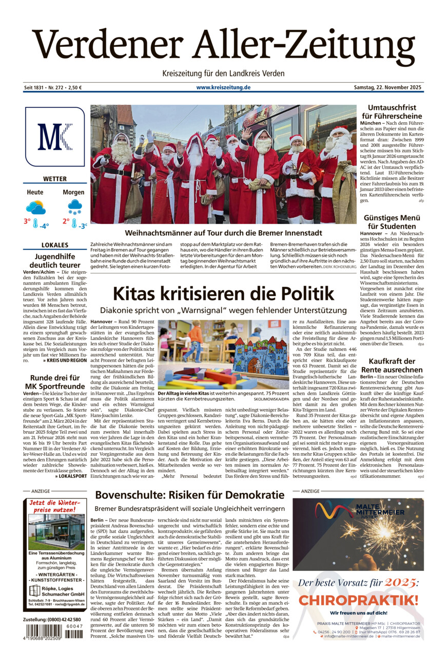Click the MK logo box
[x=54, y=136]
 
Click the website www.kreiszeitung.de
[x=223, y=88]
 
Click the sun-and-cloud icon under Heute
[x=35, y=208]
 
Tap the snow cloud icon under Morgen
[x=75, y=207]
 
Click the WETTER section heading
[x=54, y=179]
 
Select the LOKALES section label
[x=54, y=245]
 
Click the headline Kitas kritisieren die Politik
[x=223, y=294]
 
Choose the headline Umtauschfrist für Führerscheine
[x=392, y=112]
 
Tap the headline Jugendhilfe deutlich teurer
[x=54, y=261]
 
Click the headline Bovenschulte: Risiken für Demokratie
[x=189, y=495]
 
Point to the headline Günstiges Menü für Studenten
[x=392, y=221]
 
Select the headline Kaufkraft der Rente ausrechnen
[x=392, y=365]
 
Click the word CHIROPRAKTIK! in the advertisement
[x=358, y=600]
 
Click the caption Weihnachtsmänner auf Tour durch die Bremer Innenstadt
[x=223, y=233]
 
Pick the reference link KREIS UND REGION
[x=67, y=360]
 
